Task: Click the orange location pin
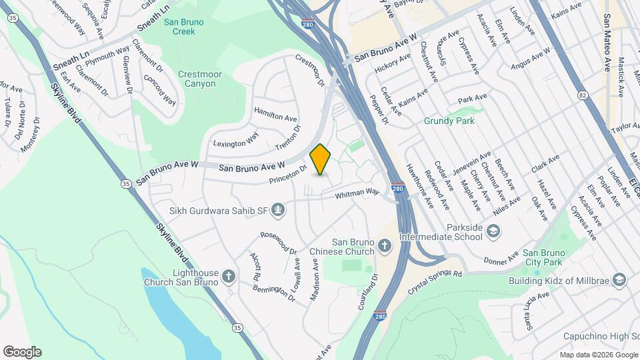321,159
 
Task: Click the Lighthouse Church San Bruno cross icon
229,275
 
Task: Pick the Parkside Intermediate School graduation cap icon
493,231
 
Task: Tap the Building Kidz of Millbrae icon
619,279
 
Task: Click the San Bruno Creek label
183,26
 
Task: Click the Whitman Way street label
357,193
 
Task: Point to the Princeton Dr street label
288,175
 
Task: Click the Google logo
21,352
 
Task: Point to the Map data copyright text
598,355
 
